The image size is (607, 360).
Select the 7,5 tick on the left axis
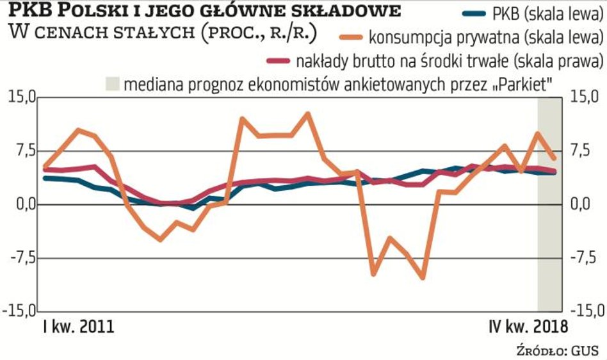pos(20,151)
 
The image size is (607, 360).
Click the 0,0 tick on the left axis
pos(20,205)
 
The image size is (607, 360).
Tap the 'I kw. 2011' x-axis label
pos(78,327)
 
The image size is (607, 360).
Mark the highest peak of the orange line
pos(308,114)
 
